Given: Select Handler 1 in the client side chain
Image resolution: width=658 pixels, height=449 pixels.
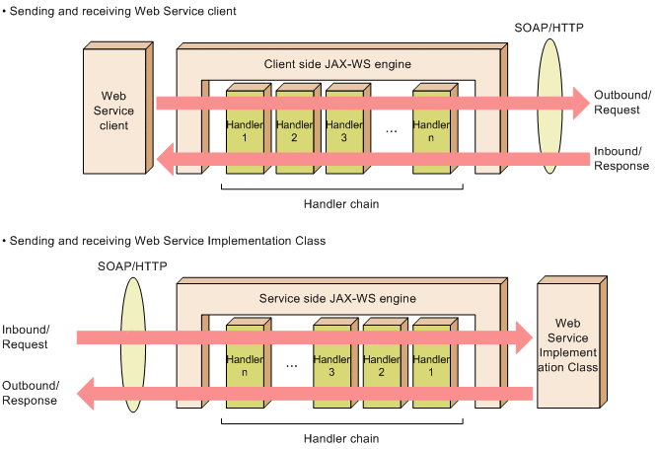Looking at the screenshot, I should tap(245, 131).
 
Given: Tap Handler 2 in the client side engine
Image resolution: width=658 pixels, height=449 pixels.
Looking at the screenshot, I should tap(294, 131).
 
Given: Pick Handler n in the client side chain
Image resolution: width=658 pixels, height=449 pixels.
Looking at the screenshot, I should tap(431, 131).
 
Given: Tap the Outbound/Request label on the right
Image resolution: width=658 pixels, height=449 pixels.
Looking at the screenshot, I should tap(621, 103).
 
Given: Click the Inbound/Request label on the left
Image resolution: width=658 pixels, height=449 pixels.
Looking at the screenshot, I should tap(27, 337).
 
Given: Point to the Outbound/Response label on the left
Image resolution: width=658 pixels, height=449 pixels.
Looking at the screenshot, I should tap(30, 393).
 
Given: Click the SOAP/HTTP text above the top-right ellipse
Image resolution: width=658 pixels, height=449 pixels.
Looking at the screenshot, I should tap(548, 28).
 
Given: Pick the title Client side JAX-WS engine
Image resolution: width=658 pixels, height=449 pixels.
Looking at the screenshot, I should tap(337, 64).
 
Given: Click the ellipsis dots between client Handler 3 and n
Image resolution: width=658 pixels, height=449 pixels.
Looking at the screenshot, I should tap(392, 130).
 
